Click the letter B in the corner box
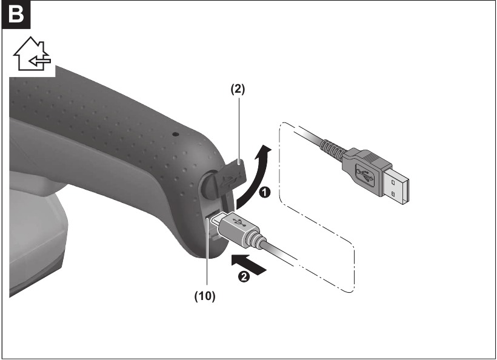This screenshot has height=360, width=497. pos(16,15)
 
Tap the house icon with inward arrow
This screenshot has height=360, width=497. pos(32,54)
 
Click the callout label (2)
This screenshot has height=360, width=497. pos(238,89)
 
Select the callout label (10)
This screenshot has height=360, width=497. pos(205,296)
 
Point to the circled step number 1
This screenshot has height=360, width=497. pos(264,192)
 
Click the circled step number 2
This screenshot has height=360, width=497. pos(244,276)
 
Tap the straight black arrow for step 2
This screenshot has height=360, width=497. pos(249,264)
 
